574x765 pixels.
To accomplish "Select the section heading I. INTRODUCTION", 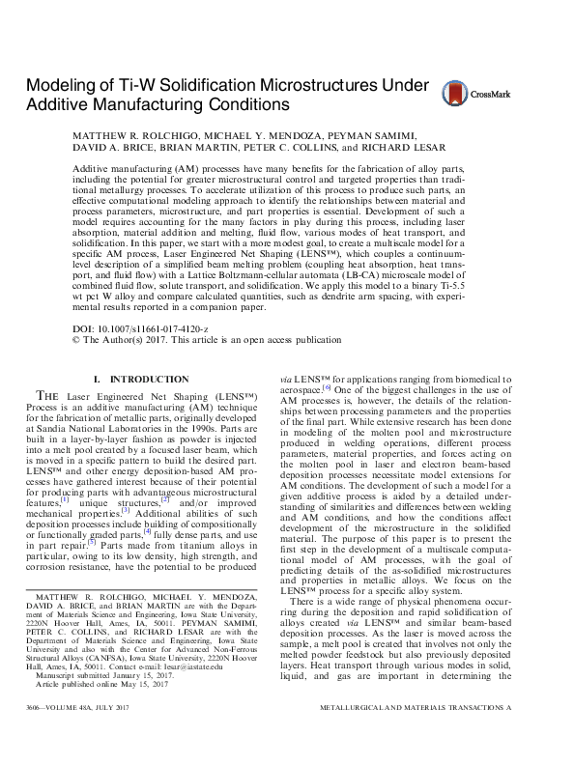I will click(150, 380).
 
